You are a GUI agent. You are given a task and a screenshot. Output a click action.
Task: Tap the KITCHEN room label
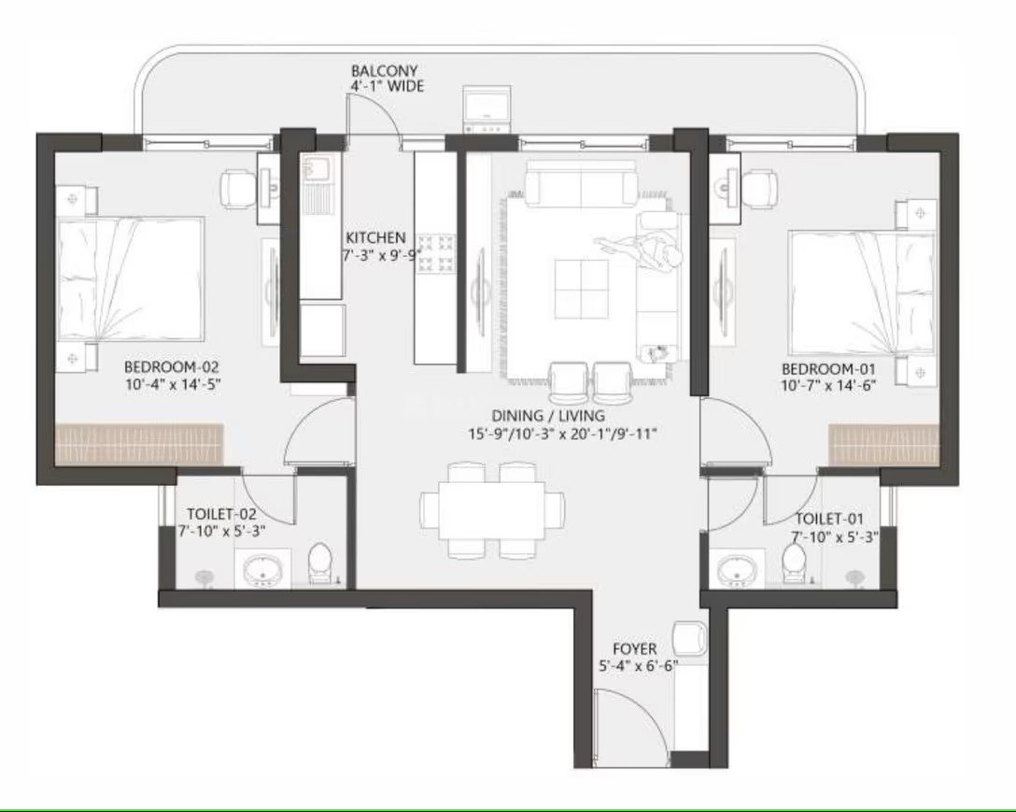click(x=375, y=237)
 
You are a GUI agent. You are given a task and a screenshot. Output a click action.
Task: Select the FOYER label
click(x=634, y=648)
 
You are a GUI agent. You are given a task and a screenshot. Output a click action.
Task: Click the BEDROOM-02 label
click(x=172, y=367)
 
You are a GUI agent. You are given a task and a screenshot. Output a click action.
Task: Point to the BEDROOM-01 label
click(x=828, y=369)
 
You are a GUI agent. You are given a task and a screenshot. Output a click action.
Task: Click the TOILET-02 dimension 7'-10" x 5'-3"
click(x=221, y=531)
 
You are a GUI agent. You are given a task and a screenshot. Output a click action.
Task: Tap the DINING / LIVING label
click(x=548, y=416)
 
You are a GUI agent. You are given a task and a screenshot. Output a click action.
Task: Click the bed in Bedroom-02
click(x=131, y=278)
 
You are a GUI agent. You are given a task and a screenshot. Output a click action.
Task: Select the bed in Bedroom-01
click(x=863, y=292)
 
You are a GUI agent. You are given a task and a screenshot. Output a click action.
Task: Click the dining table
click(x=492, y=510)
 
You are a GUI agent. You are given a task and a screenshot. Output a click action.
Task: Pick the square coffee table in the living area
click(x=581, y=289)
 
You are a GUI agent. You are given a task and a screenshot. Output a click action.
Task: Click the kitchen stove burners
click(x=435, y=253)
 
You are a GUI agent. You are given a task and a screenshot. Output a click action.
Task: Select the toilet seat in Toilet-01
click(x=794, y=563)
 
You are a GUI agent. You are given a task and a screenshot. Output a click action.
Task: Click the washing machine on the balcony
click(x=487, y=109)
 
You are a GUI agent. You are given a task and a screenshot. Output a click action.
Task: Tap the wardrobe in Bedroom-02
click(x=139, y=444)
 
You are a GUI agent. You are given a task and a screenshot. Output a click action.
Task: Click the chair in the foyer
click(x=689, y=638)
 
